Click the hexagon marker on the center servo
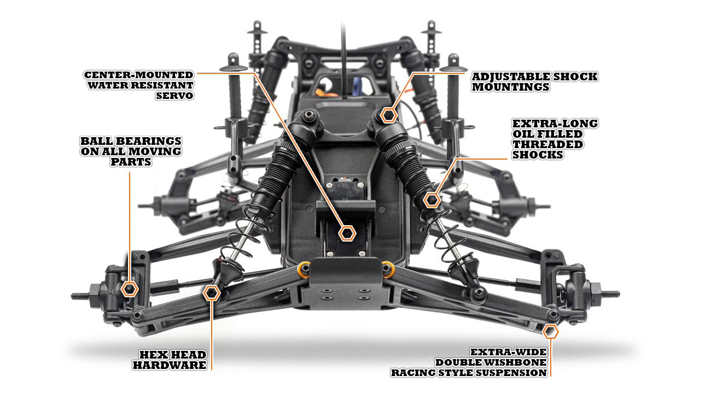click(346, 233)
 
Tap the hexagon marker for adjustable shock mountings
click(388, 115)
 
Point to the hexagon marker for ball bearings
click(130, 289)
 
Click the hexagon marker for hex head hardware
click(212, 294)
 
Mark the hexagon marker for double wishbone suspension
click(551, 331)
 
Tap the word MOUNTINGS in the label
click(511, 87)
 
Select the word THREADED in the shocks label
click(547, 144)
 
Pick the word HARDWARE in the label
click(170, 365)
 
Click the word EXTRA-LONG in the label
click(555, 124)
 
